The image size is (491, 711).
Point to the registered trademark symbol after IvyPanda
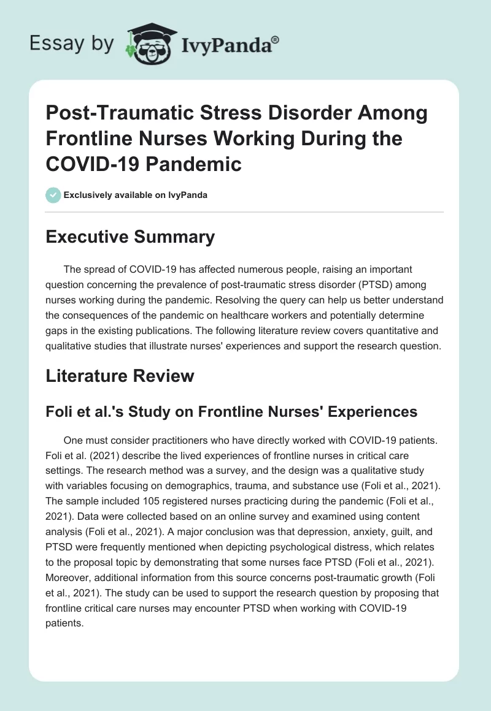276,39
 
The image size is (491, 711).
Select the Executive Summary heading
130,237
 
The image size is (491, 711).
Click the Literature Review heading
120,376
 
